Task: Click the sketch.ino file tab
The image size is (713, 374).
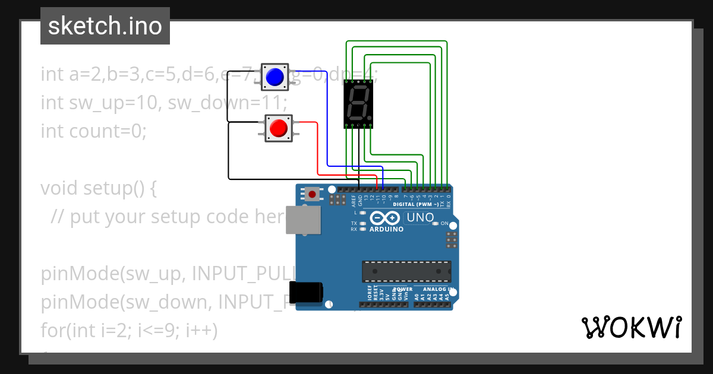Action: click(x=105, y=26)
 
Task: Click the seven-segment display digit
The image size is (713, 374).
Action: click(x=358, y=103)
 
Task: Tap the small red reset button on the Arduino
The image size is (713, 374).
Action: click(x=312, y=194)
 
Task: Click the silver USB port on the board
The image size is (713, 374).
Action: click(x=301, y=220)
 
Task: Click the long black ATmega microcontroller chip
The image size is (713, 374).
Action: click(x=406, y=271)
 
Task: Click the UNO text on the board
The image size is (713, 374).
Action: click(x=420, y=218)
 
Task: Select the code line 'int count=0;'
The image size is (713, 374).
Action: click(x=93, y=131)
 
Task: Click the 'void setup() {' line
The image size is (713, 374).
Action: click(x=98, y=188)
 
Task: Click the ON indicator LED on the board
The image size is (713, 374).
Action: click(x=436, y=223)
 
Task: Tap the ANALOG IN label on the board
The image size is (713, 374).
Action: click(x=438, y=290)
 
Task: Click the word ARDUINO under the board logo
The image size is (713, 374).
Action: click(x=385, y=229)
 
